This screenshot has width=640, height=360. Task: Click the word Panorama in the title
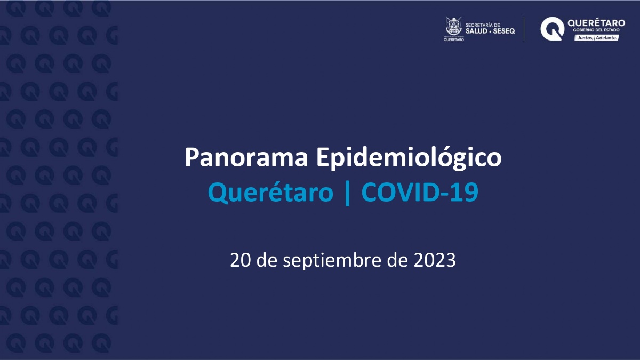tap(246, 157)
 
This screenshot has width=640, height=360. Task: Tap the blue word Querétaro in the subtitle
tap(270, 193)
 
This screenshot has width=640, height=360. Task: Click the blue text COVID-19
tap(420, 192)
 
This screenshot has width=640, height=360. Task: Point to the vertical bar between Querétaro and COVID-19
tap(347, 194)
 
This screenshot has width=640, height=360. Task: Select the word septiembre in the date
tap(332, 261)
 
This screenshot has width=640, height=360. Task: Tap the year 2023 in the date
tap(435, 261)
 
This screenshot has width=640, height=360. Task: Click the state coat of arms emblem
tap(454, 26)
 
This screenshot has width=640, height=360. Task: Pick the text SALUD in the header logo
tap(476, 31)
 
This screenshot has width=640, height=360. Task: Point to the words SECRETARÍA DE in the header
tap(483, 25)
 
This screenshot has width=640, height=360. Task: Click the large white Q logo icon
tap(552, 29)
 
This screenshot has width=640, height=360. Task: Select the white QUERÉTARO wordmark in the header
tap(596, 23)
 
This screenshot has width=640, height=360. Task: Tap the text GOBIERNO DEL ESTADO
tap(596, 30)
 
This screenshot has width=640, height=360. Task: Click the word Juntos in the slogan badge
tap(585, 38)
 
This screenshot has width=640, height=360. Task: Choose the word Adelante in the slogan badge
tap(606, 38)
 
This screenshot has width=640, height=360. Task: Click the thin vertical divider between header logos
tap(524, 29)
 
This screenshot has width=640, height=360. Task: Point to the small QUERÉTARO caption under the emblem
tap(454, 40)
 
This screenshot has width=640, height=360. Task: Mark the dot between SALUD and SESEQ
tap(490, 31)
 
